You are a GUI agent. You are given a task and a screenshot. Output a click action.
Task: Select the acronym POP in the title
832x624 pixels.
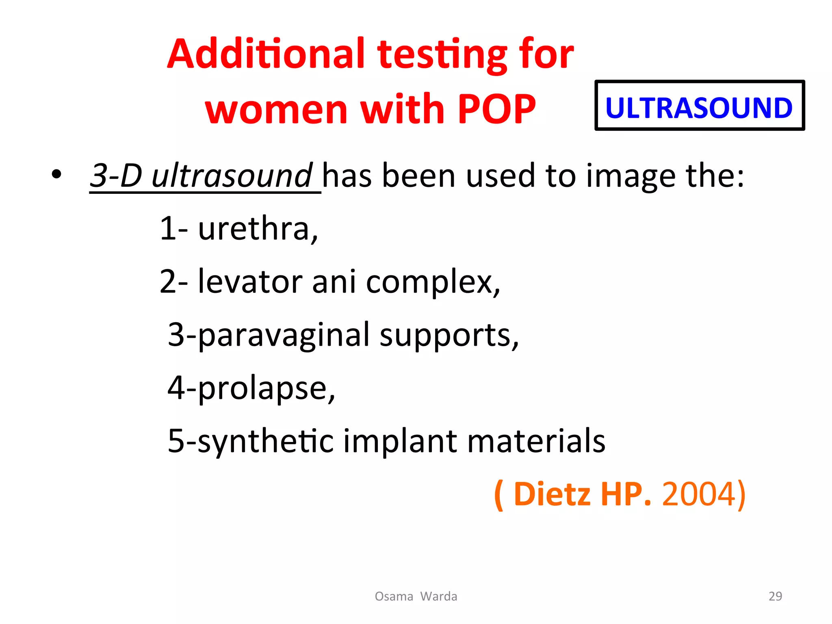coord(496,109)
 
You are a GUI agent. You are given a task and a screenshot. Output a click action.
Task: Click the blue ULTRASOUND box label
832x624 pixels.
coord(699,108)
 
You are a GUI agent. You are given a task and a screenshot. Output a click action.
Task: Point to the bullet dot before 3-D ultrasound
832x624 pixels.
coord(56,175)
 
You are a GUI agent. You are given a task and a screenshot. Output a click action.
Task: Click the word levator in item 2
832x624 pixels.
coord(250,281)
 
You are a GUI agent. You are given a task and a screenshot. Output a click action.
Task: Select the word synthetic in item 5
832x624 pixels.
coord(266,441)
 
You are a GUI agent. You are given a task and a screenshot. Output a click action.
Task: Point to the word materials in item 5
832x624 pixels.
coord(536,441)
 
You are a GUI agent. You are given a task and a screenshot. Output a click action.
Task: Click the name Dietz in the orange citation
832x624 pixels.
coord(552,494)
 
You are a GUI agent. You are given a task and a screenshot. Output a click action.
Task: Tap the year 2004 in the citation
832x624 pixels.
coord(698,494)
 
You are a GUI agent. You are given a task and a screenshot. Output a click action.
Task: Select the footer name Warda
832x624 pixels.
coord(439,596)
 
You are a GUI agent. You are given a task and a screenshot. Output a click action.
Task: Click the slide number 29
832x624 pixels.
coord(775,596)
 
